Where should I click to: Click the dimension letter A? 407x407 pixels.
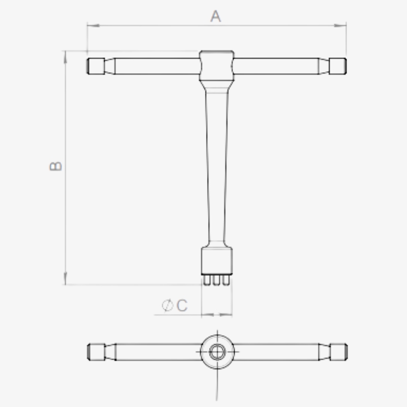(215, 16)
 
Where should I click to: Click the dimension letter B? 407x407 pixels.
(55, 166)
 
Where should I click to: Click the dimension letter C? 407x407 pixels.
(182, 305)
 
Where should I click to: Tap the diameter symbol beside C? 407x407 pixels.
(167, 305)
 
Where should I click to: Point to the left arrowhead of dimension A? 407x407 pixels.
(94, 25)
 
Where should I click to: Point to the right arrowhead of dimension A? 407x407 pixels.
(340, 25)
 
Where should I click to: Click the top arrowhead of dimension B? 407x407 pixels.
(65, 57)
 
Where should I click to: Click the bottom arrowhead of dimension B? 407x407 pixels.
(65, 278)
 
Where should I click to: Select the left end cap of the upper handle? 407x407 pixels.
(96, 66)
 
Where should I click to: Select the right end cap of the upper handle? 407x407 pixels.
(338, 66)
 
